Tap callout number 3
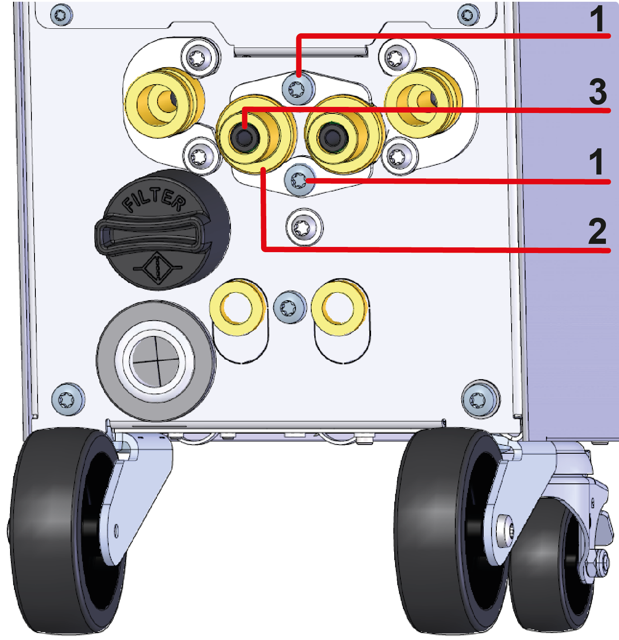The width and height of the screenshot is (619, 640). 598,92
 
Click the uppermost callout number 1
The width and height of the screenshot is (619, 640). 597,19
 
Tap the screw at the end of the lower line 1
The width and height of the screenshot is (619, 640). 299,180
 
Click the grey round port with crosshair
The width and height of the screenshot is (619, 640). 156,361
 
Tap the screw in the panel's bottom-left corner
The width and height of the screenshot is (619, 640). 67,399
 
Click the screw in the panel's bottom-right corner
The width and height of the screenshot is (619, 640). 479,398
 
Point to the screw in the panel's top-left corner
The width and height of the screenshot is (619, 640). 61,15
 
